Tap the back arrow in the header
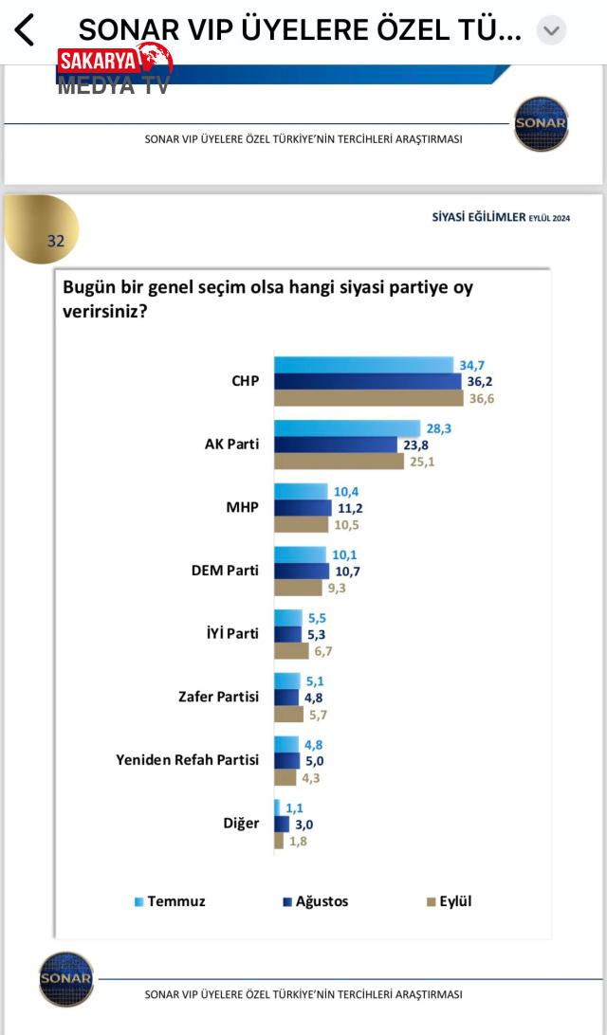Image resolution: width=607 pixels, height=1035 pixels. click(x=25, y=30)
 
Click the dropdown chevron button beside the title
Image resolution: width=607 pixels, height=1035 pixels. click(x=551, y=30)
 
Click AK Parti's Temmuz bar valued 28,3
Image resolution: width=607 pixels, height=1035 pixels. click(x=347, y=428)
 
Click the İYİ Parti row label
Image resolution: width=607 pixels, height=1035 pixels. click(x=231, y=634)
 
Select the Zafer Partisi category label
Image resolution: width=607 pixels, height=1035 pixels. click(x=218, y=697)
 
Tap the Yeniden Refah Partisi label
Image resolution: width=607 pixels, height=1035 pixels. click(x=187, y=759)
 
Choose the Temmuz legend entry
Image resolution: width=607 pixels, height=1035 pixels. click(x=170, y=901)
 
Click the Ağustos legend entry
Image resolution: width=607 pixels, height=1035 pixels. click(x=315, y=901)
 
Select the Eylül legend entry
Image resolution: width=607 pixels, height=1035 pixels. click(x=449, y=901)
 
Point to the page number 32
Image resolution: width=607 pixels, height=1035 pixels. click(x=56, y=241)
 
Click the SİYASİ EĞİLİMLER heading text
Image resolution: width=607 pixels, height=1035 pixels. click(x=478, y=217)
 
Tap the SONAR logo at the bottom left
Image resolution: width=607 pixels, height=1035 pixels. click(x=66, y=978)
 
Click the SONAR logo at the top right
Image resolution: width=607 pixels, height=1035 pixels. click(x=541, y=123)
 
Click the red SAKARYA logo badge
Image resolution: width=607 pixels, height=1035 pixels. click(x=114, y=62)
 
